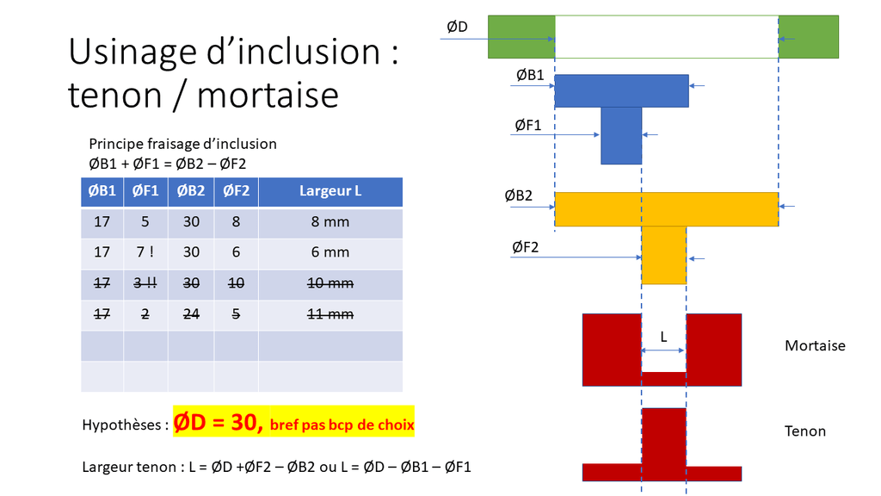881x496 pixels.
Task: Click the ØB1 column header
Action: pyautogui.click(x=102, y=191)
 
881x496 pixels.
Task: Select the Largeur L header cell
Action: pyautogui.click(x=330, y=191)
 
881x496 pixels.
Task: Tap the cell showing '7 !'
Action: pyautogui.click(x=145, y=252)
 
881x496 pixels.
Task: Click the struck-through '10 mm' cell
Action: pyautogui.click(x=330, y=282)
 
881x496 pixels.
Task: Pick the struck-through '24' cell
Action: pyautogui.click(x=191, y=313)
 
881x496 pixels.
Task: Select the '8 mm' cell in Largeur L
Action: pyautogui.click(x=330, y=221)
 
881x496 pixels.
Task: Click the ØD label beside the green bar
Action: pyautogui.click(x=458, y=27)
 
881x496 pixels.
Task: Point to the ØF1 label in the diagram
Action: pyautogui.click(x=528, y=125)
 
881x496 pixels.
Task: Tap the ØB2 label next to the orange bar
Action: pyautogui.click(x=518, y=195)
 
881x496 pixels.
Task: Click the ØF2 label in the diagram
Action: pyautogui.click(x=526, y=247)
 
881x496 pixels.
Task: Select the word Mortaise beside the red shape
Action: pyautogui.click(x=815, y=345)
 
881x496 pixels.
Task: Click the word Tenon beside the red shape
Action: pyautogui.click(x=805, y=431)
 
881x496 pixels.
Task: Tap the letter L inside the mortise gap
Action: pyautogui.click(x=663, y=337)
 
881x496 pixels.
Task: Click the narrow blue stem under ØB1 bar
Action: pyautogui.click(x=621, y=135)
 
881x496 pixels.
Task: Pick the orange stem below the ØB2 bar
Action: pyautogui.click(x=664, y=255)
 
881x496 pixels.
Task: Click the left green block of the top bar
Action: pyautogui.click(x=521, y=36)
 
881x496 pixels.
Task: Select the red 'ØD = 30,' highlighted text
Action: pyautogui.click(x=218, y=422)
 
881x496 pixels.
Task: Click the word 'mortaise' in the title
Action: pyautogui.click(x=268, y=95)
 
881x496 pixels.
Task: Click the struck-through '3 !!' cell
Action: pyautogui.click(x=145, y=282)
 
